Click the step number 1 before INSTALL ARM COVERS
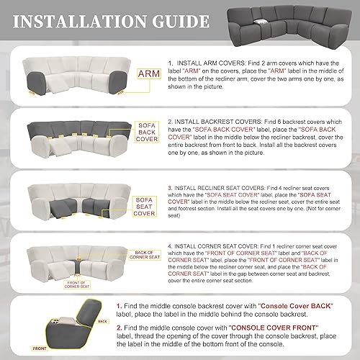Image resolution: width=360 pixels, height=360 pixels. [170, 64]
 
